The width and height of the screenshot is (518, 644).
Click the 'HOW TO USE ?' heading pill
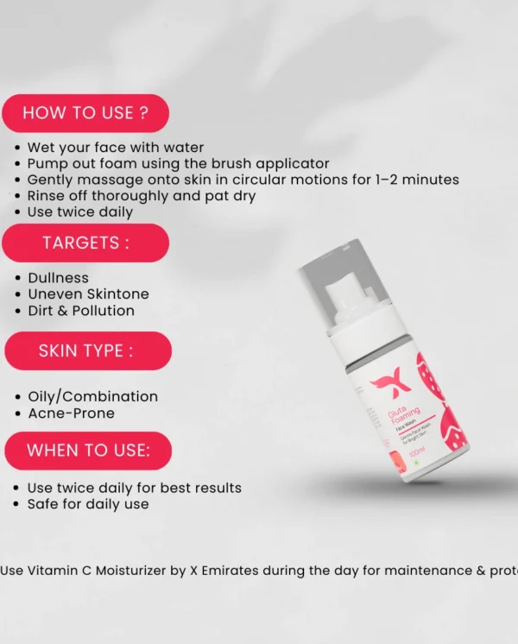[85, 112]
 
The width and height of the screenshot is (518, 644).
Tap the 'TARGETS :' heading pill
[85, 243]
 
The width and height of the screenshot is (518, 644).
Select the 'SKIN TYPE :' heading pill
[86, 350]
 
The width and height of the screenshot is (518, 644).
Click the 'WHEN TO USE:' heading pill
[88, 450]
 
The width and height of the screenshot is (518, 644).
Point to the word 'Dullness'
[58, 278]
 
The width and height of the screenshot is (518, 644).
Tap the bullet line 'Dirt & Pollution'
[81, 311]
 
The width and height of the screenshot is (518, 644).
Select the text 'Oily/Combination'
[92, 396]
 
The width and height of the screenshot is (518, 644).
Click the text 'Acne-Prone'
[71, 413]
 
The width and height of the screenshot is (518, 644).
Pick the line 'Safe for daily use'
[88, 504]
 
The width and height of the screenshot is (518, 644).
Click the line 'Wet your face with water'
[115, 148]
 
